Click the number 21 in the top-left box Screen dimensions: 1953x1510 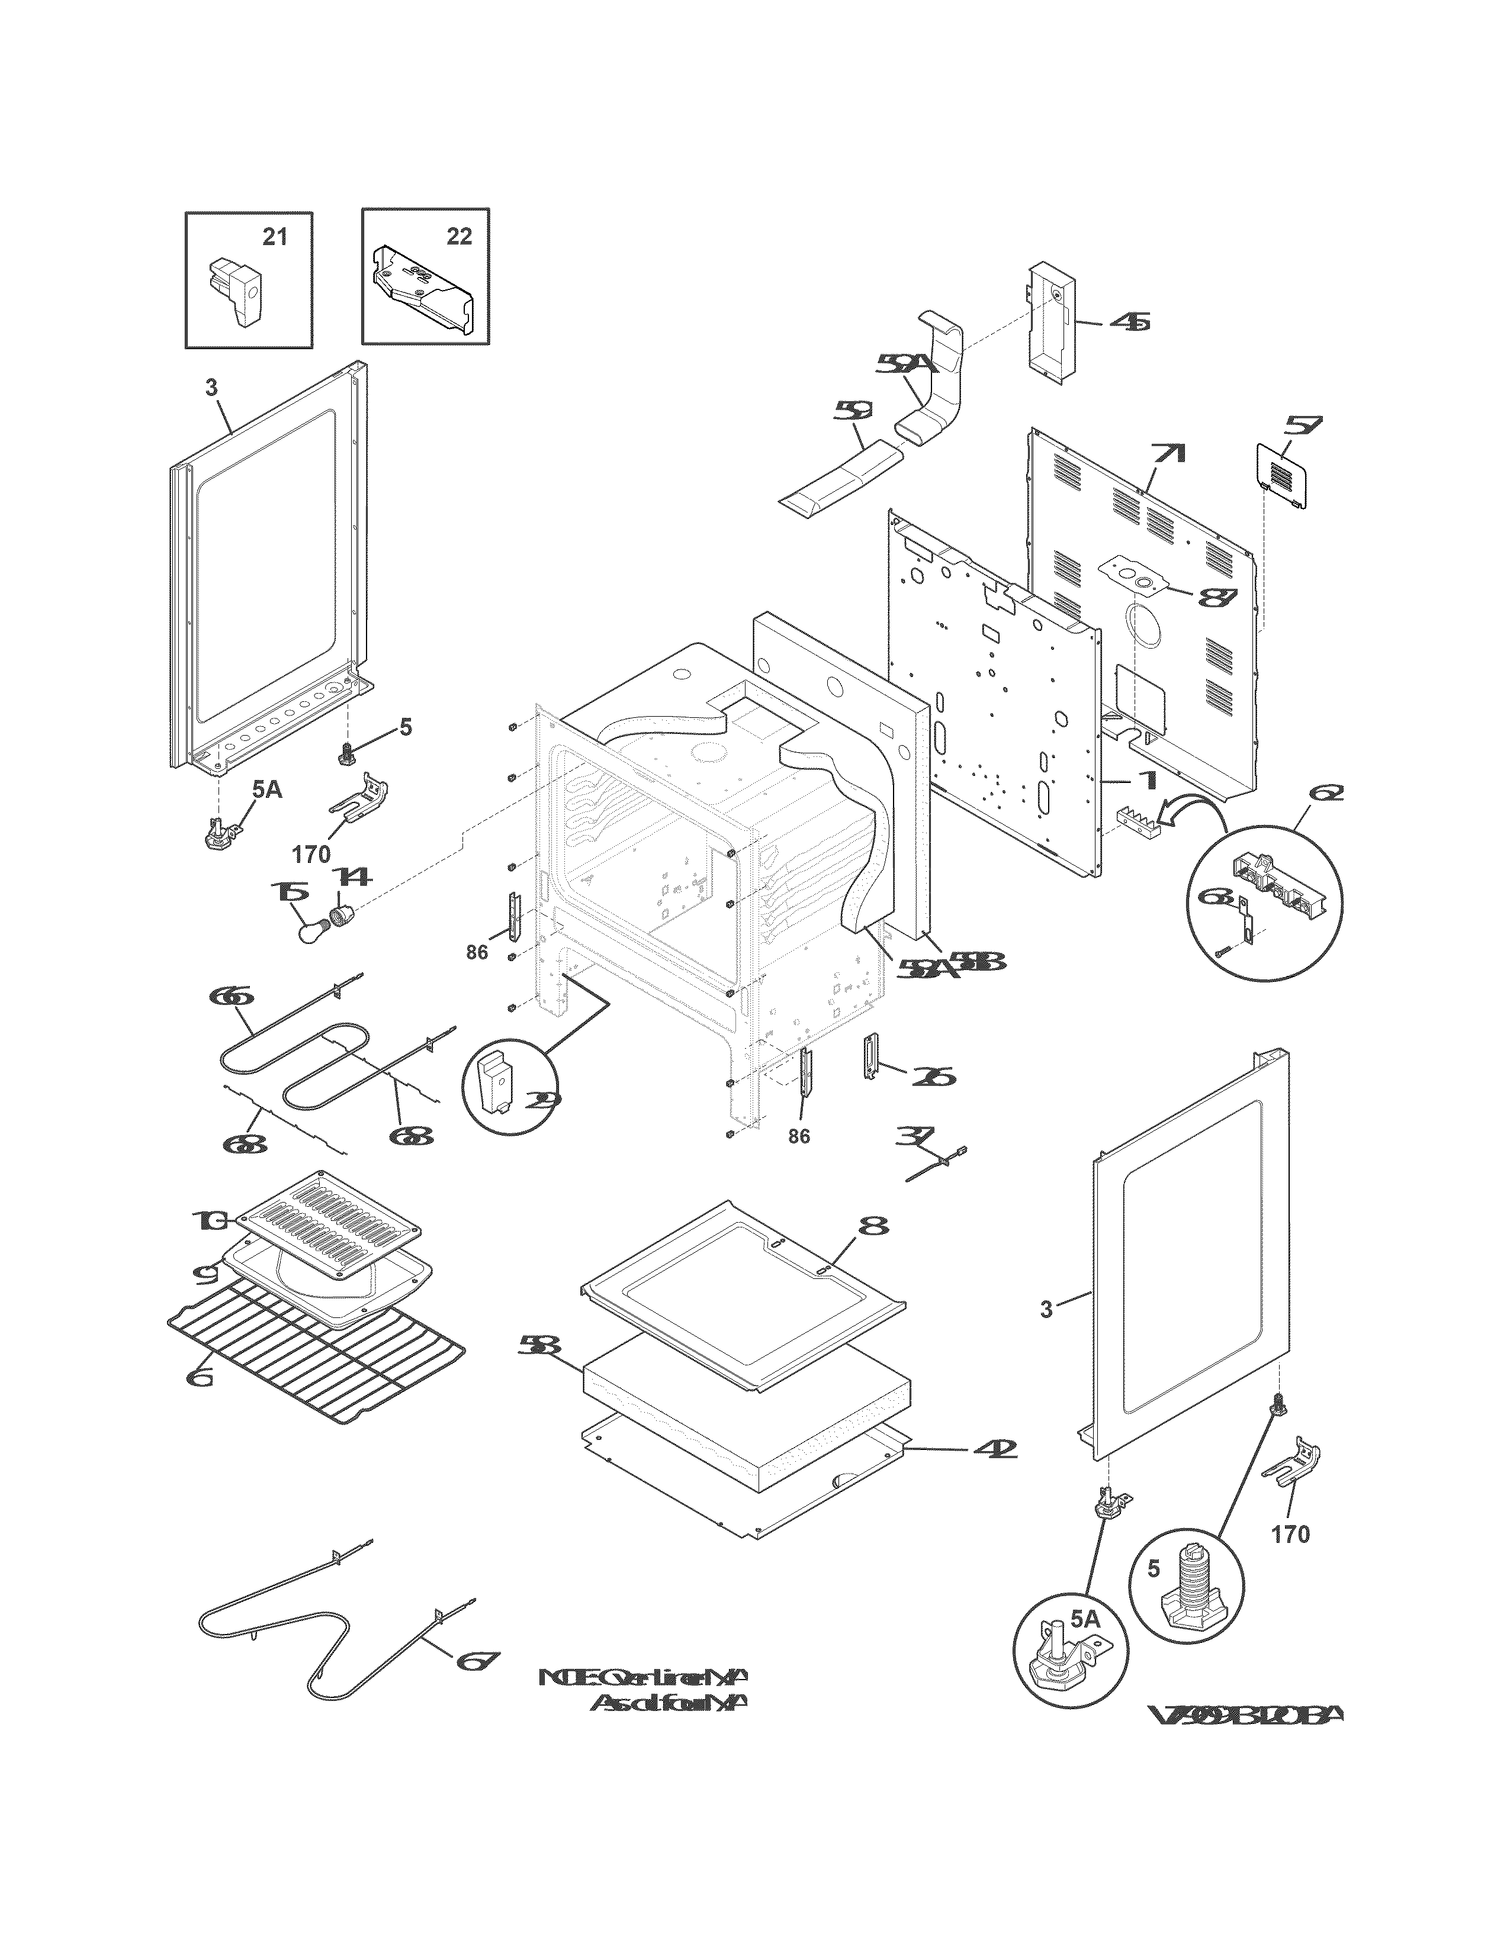(275, 237)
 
